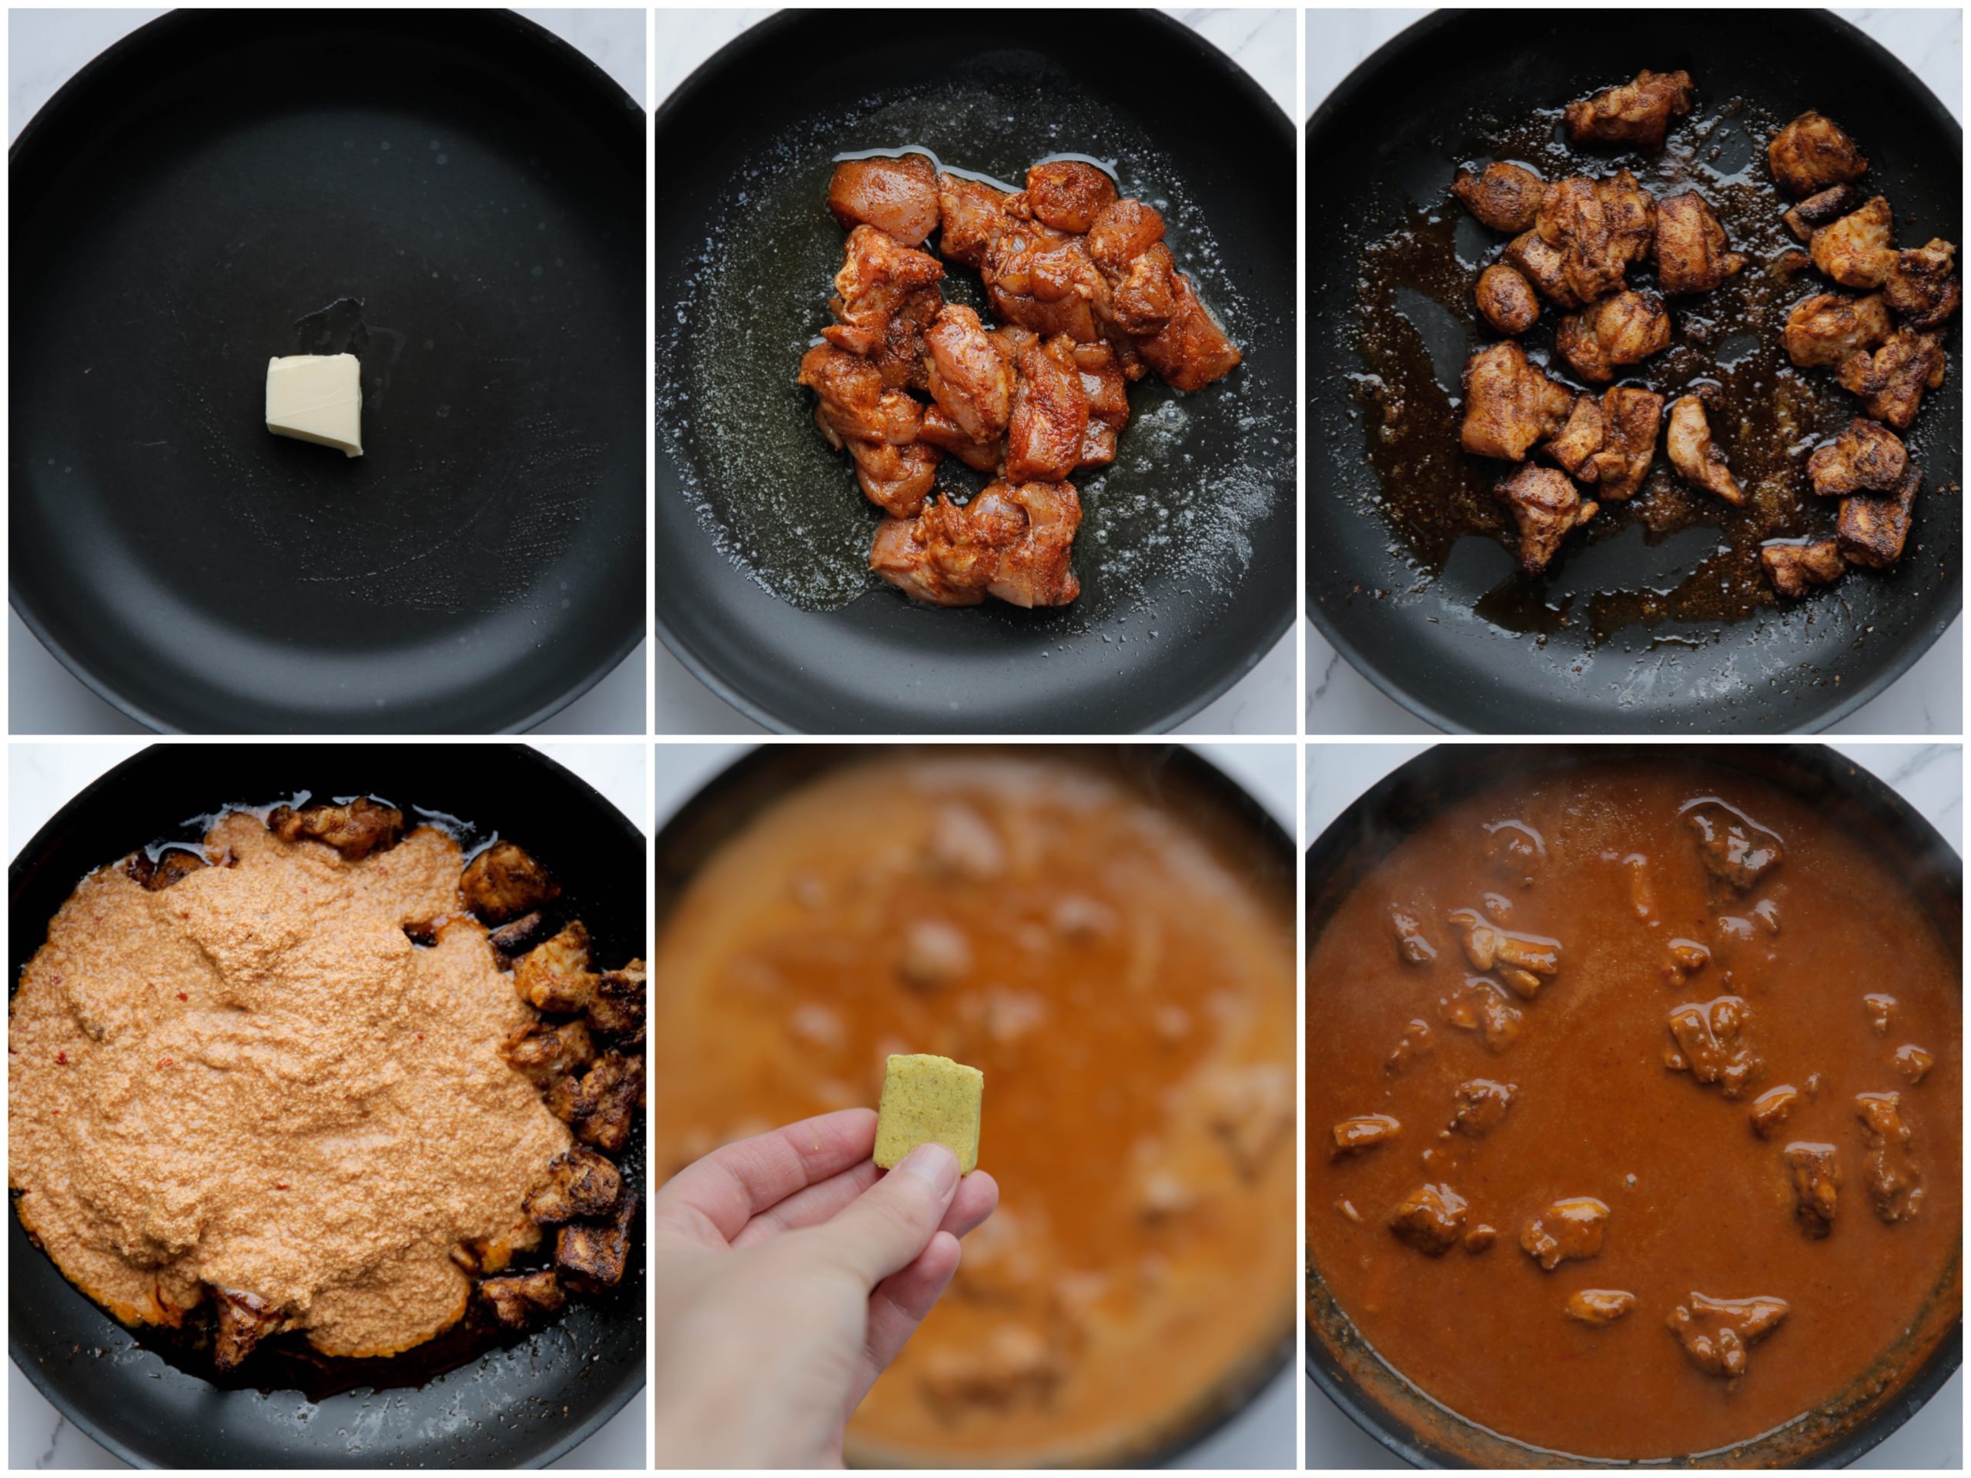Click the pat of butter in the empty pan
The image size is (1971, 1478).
click(315, 404)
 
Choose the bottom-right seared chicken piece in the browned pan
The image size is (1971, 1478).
click(1876, 530)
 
